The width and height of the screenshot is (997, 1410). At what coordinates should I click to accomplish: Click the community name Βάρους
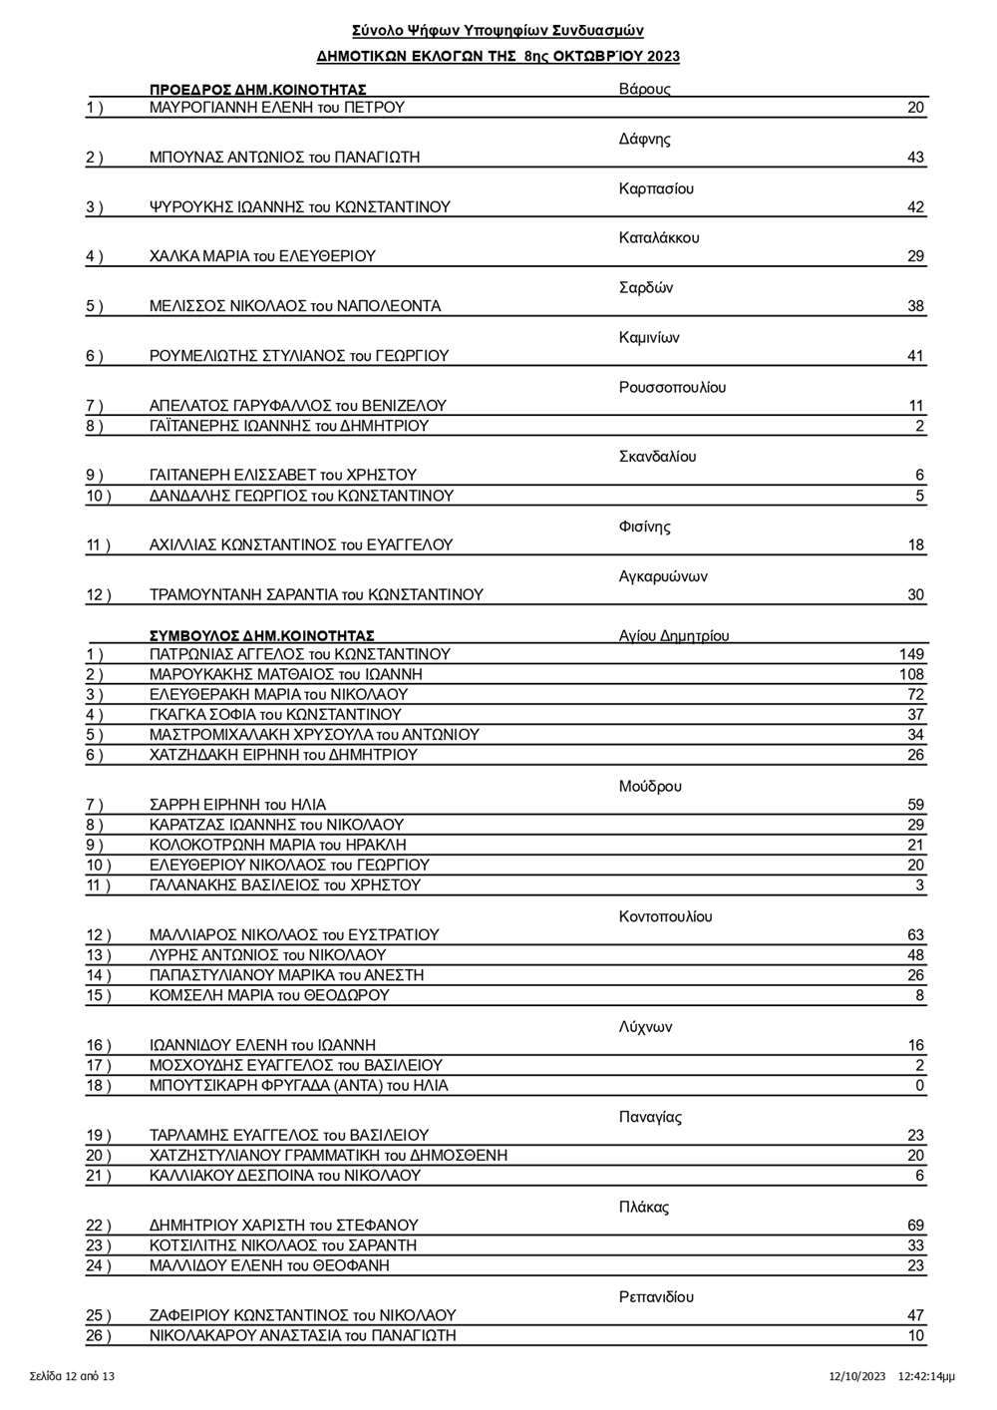pos(644,89)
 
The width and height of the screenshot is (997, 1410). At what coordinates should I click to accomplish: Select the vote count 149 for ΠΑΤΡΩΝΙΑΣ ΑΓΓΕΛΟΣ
pos(911,655)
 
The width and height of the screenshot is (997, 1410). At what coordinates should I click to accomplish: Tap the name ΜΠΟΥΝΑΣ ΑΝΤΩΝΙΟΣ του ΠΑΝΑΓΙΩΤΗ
pos(284,158)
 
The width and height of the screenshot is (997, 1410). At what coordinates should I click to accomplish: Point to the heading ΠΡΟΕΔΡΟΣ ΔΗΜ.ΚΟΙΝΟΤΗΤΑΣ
pos(257,89)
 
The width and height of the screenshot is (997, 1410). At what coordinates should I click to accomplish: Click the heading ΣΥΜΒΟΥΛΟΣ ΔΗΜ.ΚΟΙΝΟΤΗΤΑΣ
pos(261,635)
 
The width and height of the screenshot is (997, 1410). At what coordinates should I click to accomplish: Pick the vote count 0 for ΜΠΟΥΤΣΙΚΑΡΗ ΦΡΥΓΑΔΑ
pos(919,1086)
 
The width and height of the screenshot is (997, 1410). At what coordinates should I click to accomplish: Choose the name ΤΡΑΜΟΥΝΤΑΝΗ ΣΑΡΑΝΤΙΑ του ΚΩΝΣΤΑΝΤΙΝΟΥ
pos(316,595)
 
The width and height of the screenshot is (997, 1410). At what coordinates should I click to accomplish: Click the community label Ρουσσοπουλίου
pos(672,388)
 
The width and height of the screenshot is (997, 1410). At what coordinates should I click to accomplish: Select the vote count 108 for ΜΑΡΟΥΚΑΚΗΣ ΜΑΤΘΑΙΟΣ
pos(911,675)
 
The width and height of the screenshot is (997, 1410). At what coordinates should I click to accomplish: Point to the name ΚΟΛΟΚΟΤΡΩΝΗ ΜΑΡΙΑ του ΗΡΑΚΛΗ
pos(277,846)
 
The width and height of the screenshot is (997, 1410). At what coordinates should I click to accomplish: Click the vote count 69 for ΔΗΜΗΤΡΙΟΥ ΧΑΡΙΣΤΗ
pos(915,1226)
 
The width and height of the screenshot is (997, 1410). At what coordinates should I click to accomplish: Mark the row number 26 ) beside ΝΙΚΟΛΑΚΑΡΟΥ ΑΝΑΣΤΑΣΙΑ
pos(99,1336)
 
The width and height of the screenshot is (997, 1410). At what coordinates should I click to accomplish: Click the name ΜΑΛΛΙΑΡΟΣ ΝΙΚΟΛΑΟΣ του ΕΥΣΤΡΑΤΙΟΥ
pos(294,935)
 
